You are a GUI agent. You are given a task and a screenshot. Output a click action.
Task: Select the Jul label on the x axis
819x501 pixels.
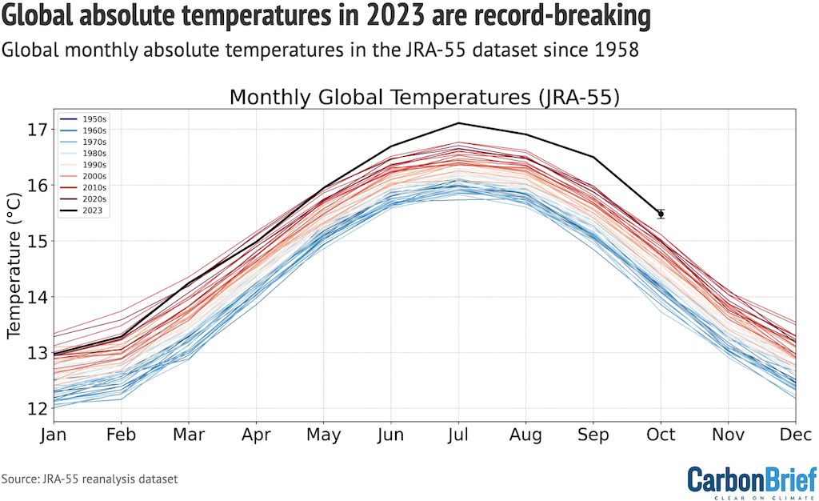(x=458, y=435)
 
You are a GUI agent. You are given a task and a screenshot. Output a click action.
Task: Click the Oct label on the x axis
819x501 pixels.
(x=661, y=435)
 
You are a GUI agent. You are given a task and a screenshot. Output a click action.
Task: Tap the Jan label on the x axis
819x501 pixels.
(x=54, y=435)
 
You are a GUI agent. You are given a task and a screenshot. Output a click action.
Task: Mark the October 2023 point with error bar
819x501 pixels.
(x=661, y=214)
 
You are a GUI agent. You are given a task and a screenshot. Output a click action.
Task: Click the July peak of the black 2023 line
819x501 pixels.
(x=458, y=123)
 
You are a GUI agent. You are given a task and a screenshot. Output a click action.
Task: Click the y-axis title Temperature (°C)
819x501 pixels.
(x=14, y=264)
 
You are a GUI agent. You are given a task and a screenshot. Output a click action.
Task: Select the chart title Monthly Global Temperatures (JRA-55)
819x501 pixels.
(x=425, y=98)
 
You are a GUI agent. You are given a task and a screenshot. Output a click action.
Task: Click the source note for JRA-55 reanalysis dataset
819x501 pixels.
(x=89, y=479)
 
